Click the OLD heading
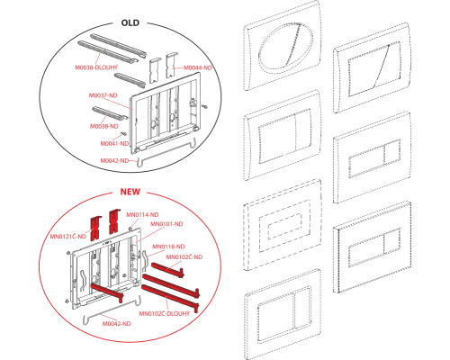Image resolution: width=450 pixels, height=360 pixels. (130, 23)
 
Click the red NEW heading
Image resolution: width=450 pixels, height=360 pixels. (130, 192)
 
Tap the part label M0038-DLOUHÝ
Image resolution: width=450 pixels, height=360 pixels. (96, 67)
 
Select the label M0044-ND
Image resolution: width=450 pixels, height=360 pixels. (198, 67)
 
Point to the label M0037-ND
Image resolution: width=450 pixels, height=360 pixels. (103, 95)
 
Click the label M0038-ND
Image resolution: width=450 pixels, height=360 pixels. (104, 126)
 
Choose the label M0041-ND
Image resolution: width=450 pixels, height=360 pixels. (114, 144)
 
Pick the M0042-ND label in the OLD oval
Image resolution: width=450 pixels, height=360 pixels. (114, 161)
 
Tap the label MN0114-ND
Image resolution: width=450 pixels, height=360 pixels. (142, 215)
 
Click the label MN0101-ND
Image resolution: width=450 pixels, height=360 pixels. (166, 224)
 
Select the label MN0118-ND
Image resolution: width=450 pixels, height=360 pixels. (168, 247)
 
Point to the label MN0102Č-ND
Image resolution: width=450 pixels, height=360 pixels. (184, 257)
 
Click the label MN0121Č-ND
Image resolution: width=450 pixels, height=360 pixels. (68, 237)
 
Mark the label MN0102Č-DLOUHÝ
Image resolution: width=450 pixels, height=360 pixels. (165, 314)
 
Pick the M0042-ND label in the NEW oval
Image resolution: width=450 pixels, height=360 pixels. (117, 324)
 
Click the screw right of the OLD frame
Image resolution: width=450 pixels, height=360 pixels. (205, 105)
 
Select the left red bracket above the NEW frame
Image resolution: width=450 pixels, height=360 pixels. (95, 228)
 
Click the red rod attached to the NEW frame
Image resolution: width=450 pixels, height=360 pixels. (107, 292)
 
